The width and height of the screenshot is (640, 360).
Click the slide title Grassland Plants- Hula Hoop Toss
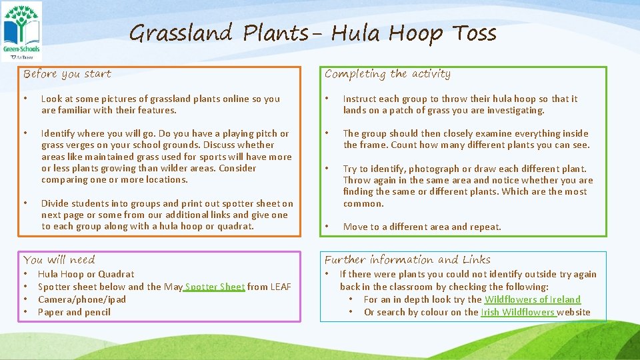313,33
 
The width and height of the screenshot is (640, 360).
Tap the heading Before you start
67,74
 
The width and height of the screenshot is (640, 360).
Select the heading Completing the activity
387,74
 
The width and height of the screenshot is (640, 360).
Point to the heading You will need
59,260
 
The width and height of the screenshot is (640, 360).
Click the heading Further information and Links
407,260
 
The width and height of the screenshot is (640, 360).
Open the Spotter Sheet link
215,287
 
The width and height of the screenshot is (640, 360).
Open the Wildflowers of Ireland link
532,299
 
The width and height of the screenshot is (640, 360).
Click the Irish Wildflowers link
519,312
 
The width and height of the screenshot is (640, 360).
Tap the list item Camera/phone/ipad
82,299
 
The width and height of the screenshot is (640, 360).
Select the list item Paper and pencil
74,312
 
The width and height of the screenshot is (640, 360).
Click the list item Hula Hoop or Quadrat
86,274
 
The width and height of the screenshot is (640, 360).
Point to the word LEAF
280,287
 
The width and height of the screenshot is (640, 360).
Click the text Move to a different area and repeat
422,227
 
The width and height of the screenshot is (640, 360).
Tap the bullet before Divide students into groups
25,203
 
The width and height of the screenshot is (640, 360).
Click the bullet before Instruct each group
327,99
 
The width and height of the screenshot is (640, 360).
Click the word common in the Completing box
363,203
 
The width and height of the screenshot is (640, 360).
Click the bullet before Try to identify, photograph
327,169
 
